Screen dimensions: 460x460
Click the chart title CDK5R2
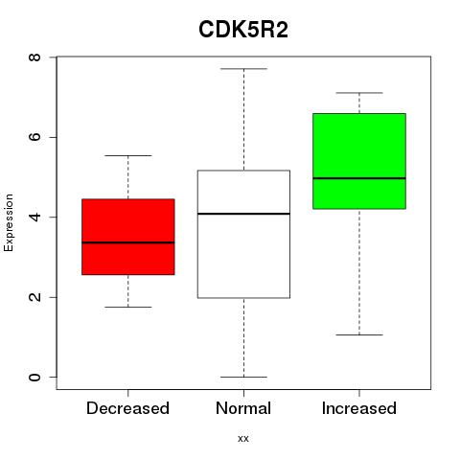243,30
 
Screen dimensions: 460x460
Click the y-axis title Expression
9,222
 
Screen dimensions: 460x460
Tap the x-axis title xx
243,438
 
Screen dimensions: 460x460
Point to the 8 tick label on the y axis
34,57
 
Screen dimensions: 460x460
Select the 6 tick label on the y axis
34,137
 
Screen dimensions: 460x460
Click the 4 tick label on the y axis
34,217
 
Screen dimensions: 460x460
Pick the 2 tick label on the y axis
34,297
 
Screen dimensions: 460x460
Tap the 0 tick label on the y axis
34,377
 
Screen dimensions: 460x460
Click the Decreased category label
127,408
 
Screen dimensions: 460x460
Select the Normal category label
243,408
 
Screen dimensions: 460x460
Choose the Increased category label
359,408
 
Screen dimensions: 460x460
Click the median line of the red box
128,242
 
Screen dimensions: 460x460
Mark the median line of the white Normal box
243,214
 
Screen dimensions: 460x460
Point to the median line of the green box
359,178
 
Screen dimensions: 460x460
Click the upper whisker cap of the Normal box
243,69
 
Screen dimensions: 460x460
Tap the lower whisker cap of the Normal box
243,377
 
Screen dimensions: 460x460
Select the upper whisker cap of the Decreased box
128,155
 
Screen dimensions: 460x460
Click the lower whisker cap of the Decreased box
128,307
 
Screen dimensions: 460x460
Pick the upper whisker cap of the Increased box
359,93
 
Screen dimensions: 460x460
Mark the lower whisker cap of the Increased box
359,334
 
